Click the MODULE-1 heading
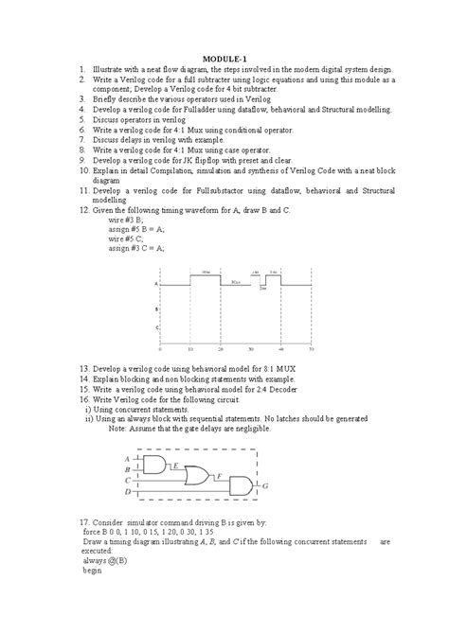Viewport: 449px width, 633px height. [224, 59]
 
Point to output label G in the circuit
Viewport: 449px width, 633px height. [266, 486]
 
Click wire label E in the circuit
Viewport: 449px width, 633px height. [176, 465]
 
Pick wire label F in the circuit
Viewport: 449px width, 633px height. [221, 477]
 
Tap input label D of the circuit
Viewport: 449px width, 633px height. [128, 492]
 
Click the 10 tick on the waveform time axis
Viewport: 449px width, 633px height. [190, 348]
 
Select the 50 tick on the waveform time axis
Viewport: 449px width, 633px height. [311, 348]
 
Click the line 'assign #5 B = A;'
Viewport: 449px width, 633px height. [136, 229]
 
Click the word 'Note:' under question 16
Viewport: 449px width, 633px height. [121, 428]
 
